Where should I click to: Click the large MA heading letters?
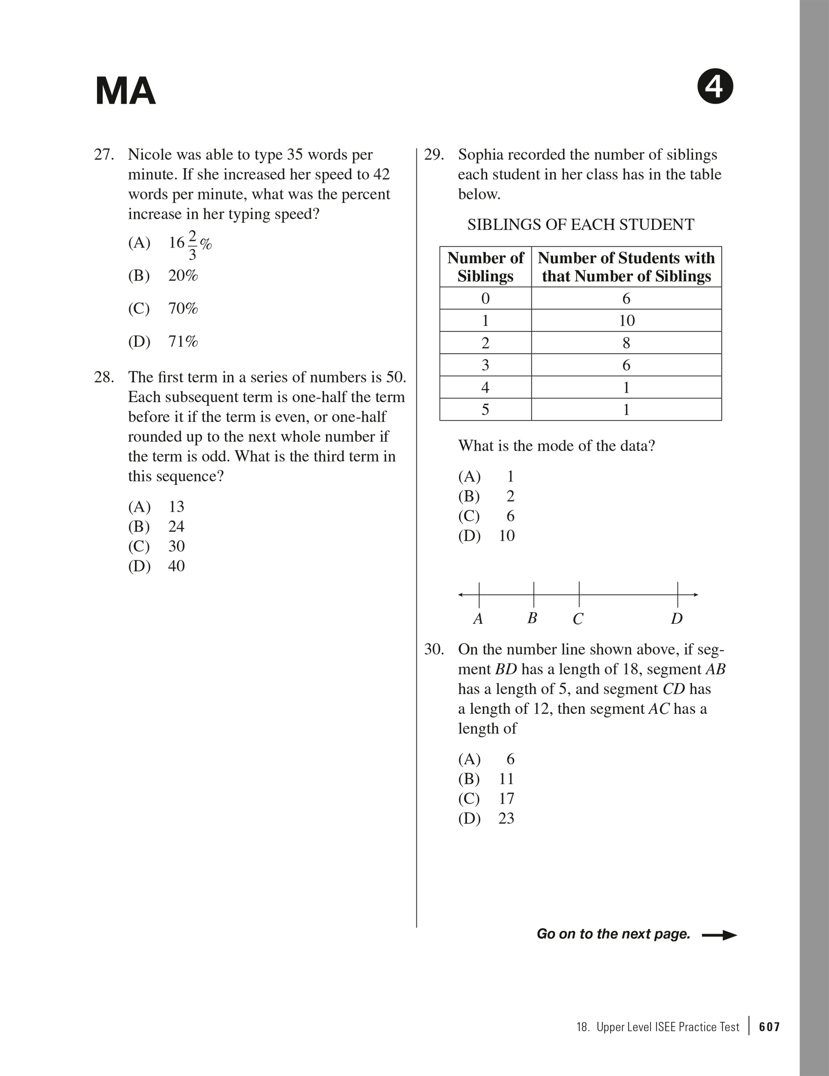125,91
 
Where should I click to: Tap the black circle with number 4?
715,88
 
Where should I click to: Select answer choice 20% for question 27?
182,276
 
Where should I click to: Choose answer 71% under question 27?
182,342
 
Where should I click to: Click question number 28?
104,377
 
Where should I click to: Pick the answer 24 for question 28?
176,526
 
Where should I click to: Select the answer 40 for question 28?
176,566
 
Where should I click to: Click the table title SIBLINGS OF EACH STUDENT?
580,225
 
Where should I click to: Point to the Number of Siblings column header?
485,267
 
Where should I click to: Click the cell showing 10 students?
626,321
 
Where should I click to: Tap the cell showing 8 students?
626,343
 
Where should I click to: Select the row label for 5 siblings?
485,409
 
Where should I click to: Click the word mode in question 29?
568,446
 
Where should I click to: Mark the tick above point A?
479,594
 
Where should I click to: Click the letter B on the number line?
532,618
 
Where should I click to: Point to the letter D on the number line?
676,619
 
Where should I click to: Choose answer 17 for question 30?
506,799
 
